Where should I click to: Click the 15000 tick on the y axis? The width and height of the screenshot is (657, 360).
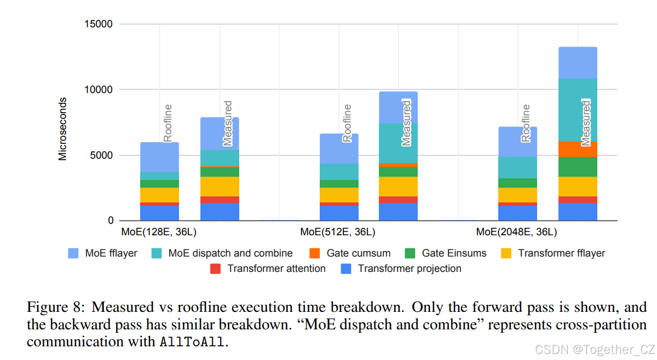pyautogui.click(x=99, y=24)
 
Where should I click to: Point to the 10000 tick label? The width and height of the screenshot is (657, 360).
pyautogui.click(x=99, y=90)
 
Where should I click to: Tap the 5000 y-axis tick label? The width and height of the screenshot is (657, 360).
pyautogui.click(x=101, y=155)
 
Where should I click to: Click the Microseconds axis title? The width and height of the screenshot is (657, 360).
pyautogui.click(x=62, y=129)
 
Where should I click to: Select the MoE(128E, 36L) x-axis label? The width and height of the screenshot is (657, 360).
pyautogui.click(x=159, y=232)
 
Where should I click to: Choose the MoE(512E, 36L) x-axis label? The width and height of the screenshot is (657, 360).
pyautogui.click(x=337, y=232)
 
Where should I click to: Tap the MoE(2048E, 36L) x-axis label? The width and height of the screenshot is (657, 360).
pyautogui.click(x=516, y=232)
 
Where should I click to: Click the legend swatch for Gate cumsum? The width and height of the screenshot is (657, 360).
pyautogui.click(x=315, y=253)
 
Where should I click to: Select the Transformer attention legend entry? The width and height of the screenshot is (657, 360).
pyautogui.click(x=276, y=269)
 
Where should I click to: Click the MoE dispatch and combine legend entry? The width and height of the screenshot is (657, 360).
pyautogui.click(x=230, y=253)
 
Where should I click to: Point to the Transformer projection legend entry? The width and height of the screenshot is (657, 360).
pyautogui.click(x=409, y=269)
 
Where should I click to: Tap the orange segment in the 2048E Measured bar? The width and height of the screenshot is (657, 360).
pyautogui.click(x=578, y=149)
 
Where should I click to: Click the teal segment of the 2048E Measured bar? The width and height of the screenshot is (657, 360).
pyautogui.click(x=578, y=109)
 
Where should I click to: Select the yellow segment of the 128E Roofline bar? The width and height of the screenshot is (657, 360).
pyautogui.click(x=159, y=195)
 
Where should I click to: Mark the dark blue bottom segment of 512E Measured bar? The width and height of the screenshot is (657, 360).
pyautogui.click(x=398, y=212)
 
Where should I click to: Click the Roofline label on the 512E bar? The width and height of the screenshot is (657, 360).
pyautogui.click(x=347, y=124)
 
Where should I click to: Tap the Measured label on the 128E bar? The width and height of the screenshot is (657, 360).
pyautogui.click(x=228, y=123)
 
